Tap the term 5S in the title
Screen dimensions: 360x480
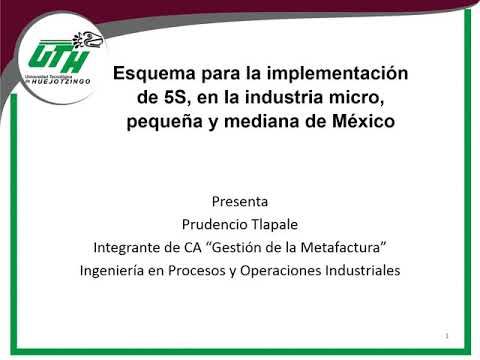pyautogui.click(x=165, y=97)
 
